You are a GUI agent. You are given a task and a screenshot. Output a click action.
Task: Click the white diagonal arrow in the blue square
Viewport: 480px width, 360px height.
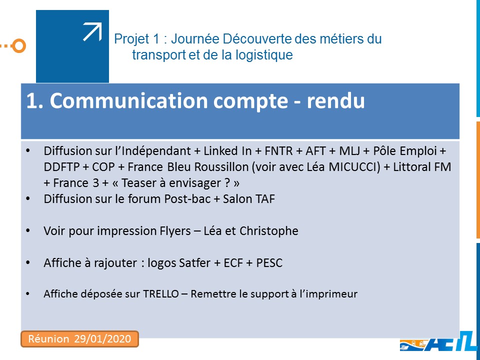coord(92,32)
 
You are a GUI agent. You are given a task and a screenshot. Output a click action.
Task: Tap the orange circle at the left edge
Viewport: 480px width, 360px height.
coord(19,46)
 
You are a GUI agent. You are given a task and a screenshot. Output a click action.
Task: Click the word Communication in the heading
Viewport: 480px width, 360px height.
coord(128,100)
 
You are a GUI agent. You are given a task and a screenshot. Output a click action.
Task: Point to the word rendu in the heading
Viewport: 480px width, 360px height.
coord(335,100)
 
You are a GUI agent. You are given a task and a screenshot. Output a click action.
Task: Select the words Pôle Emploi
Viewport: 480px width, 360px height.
coord(404,151)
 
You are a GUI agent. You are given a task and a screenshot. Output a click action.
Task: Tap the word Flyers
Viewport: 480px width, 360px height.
coord(175,231)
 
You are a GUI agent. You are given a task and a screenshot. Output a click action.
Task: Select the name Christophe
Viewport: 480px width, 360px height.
coord(269,231)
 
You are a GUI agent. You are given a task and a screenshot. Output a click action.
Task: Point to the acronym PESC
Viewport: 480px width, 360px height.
coord(269,263)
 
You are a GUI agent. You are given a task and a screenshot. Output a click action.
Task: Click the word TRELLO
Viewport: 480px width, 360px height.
coord(161,294)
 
